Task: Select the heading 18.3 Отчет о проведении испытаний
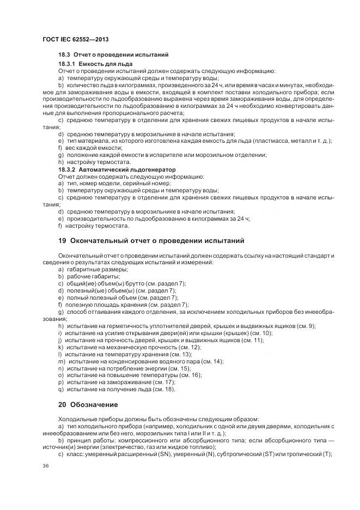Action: (113, 55)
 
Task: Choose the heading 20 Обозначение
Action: (88, 405)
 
